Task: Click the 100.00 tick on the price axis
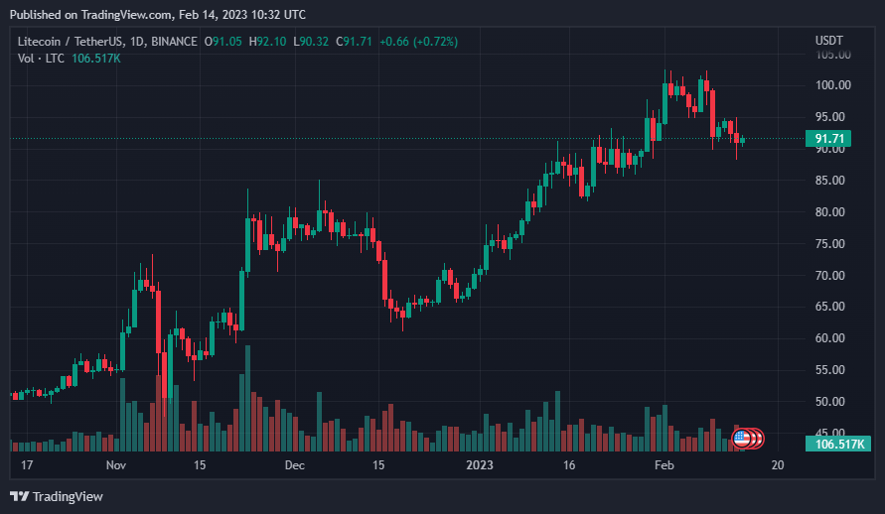click(x=832, y=85)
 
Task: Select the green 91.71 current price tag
click(x=828, y=139)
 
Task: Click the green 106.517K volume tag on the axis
click(x=838, y=445)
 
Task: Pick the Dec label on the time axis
click(x=295, y=465)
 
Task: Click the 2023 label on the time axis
click(x=479, y=465)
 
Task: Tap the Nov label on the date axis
click(x=115, y=465)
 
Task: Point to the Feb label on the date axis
click(x=664, y=465)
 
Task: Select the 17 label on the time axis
click(x=27, y=465)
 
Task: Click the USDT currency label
click(x=829, y=41)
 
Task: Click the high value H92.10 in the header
click(x=267, y=42)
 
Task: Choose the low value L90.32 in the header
click(x=311, y=42)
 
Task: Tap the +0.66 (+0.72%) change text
click(x=418, y=42)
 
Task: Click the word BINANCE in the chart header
click(x=175, y=42)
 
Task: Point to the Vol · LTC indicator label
click(x=41, y=59)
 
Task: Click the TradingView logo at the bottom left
click(x=57, y=496)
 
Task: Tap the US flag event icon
click(x=742, y=438)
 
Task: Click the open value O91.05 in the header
click(x=222, y=42)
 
